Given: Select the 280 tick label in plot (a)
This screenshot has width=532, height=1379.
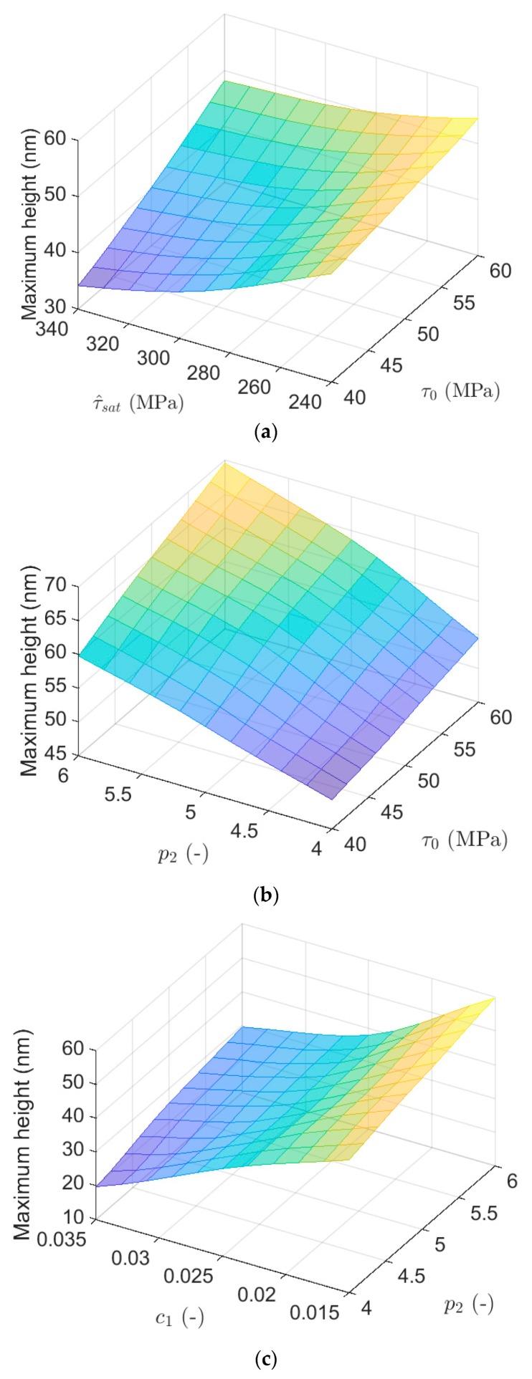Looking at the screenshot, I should (225, 373).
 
